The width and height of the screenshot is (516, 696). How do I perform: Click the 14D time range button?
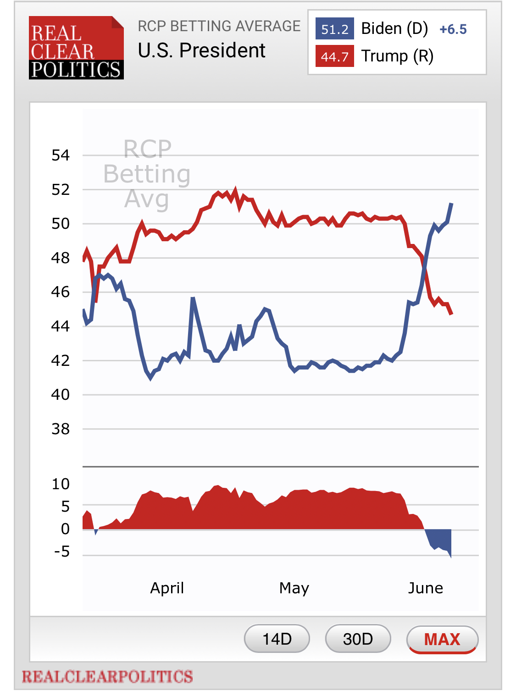click(x=277, y=638)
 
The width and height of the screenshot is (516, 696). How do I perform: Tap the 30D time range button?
click(x=358, y=638)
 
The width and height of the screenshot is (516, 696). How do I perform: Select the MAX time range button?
click(x=442, y=639)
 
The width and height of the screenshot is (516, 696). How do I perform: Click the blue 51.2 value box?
click(x=334, y=29)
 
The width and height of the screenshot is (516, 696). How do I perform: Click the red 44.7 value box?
click(x=334, y=56)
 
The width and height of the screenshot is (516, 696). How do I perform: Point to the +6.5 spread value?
click(x=453, y=29)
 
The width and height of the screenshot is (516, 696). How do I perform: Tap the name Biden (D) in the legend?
click(x=394, y=28)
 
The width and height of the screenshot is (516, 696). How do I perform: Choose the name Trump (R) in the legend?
click(x=397, y=56)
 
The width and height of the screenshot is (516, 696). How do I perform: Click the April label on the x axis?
click(x=167, y=588)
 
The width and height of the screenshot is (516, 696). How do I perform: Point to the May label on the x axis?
click(x=294, y=588)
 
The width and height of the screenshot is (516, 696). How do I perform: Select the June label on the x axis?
click(x=426, y=588)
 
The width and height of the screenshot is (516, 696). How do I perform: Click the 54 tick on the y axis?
click(x=61, y=155)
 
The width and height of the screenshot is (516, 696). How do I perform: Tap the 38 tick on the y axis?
click(x=61, y=429)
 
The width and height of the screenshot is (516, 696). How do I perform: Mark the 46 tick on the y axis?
click(x=61, y=292)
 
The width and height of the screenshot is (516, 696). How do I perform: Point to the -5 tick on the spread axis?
click(x=62, y=551)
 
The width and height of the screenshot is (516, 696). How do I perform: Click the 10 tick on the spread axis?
click(x=61, y=484)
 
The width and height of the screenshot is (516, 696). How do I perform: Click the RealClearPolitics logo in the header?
click(x=76, y=48)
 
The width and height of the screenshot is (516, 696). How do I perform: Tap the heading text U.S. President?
click(x=201, y=50)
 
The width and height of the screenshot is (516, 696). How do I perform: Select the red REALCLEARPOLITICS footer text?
click(x=107, y=676)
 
